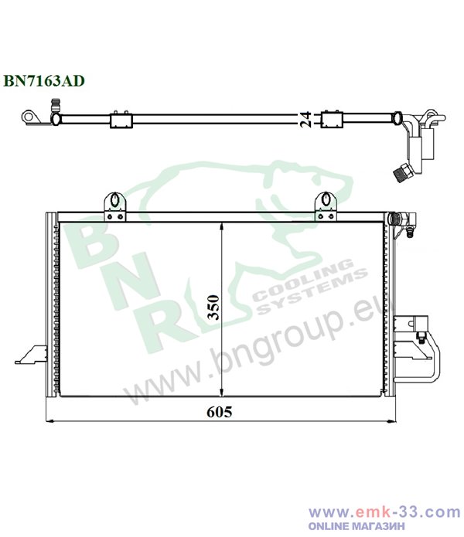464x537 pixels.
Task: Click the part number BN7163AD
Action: (x=44, y=81)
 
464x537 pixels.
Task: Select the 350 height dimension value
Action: (x=213, y=308)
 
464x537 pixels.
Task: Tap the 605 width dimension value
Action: (x=220, y=412)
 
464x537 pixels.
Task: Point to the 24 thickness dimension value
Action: (x=305, y=119)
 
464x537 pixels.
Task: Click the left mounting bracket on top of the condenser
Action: (x=114, y=207)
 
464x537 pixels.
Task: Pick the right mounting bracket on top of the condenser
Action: (x=326, y=207)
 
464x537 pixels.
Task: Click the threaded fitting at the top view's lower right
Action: (x=402, y=172)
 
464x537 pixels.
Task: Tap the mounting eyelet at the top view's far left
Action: (x=29, y=117)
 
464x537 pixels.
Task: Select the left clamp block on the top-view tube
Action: (x=121, y=120)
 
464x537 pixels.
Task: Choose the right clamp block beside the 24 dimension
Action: (x=332, y=119)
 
